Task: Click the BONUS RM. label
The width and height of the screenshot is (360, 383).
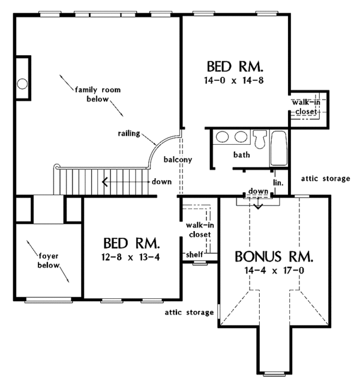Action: (x=274, y=258)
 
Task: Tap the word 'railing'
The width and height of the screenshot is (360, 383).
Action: (x=129, y=134)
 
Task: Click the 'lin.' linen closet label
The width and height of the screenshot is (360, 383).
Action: (x=278, y=181)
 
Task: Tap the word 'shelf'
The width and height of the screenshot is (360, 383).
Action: (x=193, y=255)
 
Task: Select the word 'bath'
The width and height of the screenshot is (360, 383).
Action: (x=241, y=154)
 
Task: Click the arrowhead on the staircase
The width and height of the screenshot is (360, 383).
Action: (x=105, y=181)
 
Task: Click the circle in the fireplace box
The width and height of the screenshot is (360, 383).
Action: (x=23, y=83)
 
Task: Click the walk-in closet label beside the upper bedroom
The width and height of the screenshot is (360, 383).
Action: (x=306, y=107)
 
